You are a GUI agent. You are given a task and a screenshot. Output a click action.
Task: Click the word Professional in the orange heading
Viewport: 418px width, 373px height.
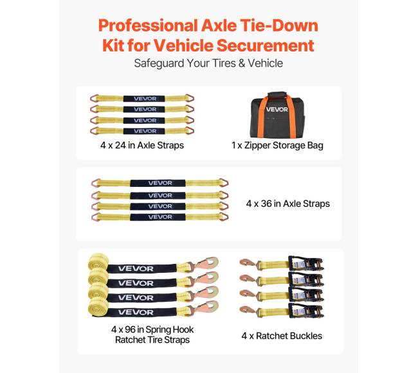148,26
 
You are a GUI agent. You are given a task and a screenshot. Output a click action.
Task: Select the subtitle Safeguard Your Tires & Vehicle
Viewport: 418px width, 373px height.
208,64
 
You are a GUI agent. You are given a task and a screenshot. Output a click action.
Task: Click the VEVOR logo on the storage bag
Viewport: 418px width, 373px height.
277,109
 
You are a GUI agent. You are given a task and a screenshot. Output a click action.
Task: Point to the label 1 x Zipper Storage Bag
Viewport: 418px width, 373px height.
277,146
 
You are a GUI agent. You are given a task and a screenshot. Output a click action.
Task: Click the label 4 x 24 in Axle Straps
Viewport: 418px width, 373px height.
142,145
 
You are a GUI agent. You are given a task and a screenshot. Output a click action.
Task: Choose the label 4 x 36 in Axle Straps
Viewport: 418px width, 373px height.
288,204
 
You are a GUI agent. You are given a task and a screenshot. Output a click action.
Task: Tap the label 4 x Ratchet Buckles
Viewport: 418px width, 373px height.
282,336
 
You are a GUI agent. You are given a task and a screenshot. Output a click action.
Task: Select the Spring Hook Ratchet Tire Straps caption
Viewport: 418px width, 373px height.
152,334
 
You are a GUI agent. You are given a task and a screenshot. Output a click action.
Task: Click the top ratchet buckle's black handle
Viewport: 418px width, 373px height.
306,263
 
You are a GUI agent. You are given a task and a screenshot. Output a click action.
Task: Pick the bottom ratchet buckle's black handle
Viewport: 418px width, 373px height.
306,311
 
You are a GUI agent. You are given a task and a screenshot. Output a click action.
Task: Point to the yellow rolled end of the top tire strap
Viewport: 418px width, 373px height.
98,263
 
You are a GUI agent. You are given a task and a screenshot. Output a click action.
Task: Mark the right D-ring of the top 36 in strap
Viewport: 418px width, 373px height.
223,183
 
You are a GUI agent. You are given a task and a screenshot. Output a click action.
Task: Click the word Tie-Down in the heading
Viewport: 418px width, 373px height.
279,26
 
